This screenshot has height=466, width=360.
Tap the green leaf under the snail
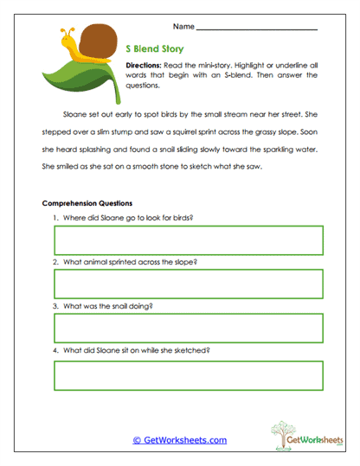(x=74, y=77)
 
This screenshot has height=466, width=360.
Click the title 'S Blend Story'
(x=155, y=49)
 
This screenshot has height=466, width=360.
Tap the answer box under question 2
(x=188, y=284)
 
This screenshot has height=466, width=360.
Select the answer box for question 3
(x=188, y=329)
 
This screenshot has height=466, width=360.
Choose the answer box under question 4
(x=188, y=373)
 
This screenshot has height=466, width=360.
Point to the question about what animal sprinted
(x=125, y=261)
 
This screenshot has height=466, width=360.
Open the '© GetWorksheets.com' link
(x=180, y=440)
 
